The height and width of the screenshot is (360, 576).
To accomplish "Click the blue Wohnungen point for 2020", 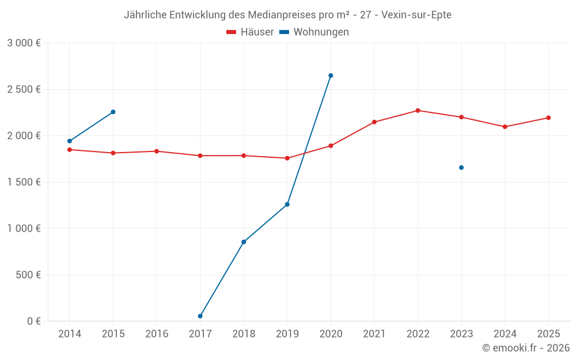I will (x=331, y=75).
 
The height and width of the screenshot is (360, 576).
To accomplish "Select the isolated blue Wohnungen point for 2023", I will (x=461, y=168).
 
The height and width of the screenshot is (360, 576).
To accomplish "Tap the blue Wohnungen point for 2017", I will (x=200, y=316).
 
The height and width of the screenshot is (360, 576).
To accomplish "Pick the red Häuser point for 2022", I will (x=418, y=111).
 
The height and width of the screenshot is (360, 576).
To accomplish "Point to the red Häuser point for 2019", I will (x=287, y=158).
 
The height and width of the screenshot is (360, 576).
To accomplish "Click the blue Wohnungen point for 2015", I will (x=113, y=112).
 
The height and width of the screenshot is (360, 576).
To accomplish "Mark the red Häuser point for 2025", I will (x=548, y=118).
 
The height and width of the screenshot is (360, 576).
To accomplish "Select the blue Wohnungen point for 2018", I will (x=244, y=242).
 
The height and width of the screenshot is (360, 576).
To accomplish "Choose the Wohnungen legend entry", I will (x=314, y=32).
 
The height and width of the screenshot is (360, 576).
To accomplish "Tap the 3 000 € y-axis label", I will (x=24, y=43).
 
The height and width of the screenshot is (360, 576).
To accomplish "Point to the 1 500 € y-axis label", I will (x=24, y=182).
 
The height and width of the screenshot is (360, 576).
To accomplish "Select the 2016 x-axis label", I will (x=157, y=334).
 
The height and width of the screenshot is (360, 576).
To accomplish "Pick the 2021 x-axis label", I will (x=374, y=334).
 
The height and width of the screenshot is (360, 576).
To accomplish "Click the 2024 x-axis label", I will (x=505, y=334).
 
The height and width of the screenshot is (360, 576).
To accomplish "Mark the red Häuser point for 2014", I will (x=70, y=150).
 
